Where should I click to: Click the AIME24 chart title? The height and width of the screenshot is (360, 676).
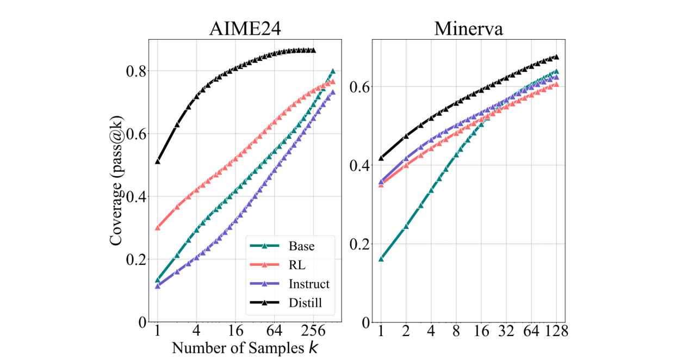click(245, 28)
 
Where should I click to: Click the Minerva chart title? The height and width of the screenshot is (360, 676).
click(468, 28)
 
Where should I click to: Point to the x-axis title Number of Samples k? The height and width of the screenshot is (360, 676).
click(245, 347)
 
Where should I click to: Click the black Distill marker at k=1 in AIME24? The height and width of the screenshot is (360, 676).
click(158, 161)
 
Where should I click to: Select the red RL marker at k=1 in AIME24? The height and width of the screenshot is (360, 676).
click(158, 227)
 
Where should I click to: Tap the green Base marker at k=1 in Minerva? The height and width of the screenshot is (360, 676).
click(381, 258)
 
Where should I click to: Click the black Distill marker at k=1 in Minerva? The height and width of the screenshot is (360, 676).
click(381, 158)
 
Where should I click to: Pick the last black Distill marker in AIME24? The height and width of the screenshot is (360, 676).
click(313, 50)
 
